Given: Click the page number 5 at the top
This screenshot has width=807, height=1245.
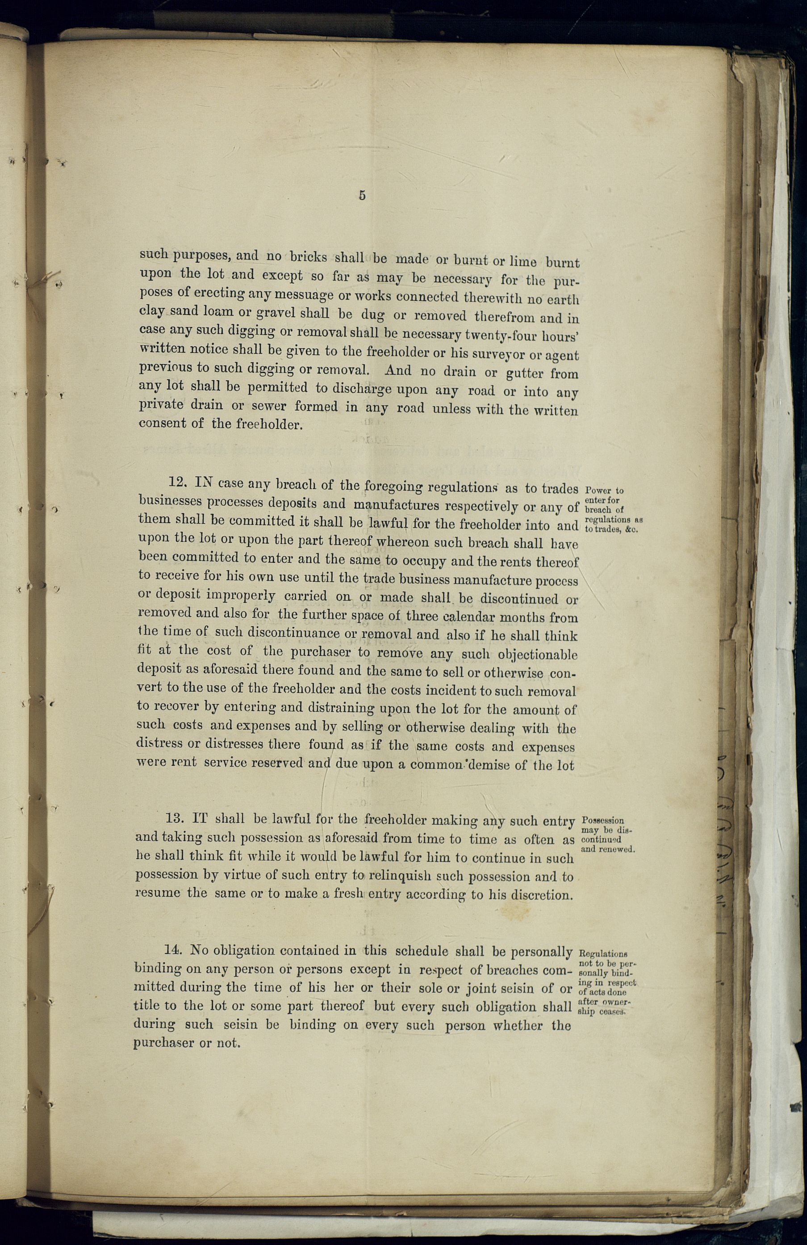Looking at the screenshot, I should (x=362, y=196).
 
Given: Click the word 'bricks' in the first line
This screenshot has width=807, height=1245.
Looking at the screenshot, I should (x=309, y=257).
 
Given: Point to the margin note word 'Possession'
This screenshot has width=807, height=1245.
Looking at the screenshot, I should (x=602, y=821).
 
